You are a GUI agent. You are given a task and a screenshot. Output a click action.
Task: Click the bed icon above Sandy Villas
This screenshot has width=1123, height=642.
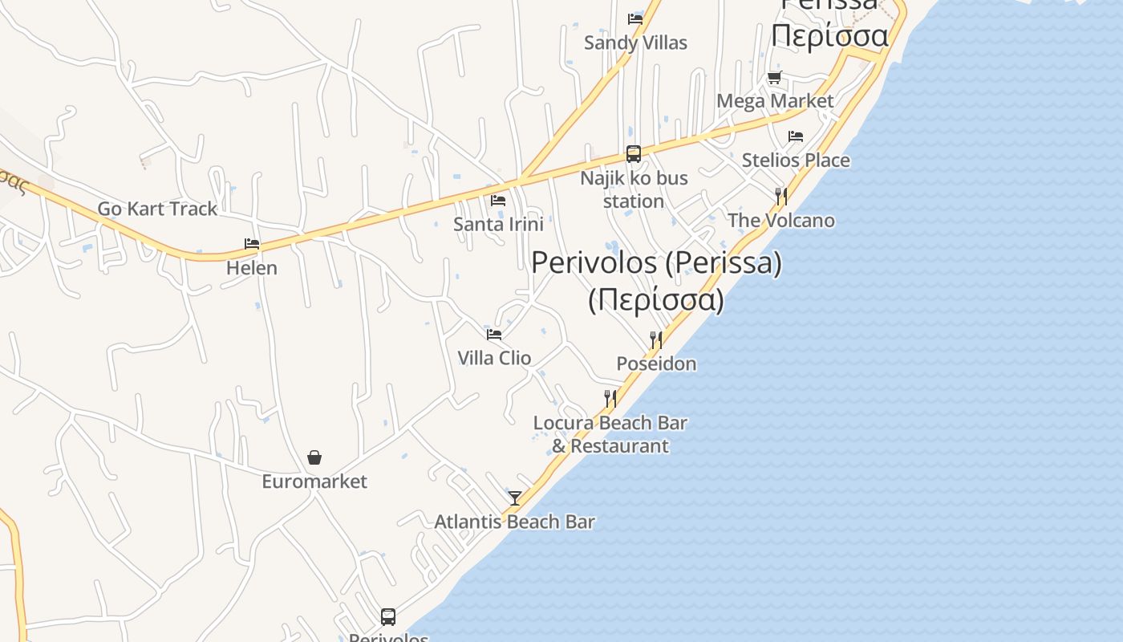[x=635, y=18]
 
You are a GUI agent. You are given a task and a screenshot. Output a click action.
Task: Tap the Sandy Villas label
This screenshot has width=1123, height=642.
[x=635, y=43]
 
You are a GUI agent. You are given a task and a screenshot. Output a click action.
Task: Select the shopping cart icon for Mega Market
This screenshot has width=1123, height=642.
[x=774, y=78]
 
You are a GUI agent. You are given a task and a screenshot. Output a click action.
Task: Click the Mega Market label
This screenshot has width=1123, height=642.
[x=775, y=101]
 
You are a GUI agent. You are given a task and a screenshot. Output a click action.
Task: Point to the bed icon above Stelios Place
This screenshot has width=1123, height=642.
[x=795, y=136]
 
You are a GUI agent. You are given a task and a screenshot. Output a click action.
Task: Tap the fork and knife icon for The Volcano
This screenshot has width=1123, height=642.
[x=780, y=196]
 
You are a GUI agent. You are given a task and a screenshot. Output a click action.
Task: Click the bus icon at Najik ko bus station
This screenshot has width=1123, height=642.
[x=634, y=154]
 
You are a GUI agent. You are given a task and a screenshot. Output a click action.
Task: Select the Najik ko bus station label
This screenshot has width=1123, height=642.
[x=634, y=189]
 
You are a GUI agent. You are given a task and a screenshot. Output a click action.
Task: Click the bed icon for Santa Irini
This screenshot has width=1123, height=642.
[x=498, y=201]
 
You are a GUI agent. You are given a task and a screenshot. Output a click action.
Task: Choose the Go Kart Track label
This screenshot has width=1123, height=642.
[x=157, y=209]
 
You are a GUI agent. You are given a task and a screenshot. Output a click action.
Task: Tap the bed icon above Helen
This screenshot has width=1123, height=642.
[x=252, y=244]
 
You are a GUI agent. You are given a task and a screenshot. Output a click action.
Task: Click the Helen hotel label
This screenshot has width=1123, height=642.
[x=252, y=268]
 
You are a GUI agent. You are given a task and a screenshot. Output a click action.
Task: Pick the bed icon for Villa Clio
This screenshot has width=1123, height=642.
[x=494, y=334]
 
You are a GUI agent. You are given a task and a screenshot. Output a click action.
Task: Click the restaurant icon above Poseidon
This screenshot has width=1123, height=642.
[x=656, y=339]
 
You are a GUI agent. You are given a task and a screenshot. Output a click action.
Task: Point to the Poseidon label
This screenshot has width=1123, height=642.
[x=656, y=364]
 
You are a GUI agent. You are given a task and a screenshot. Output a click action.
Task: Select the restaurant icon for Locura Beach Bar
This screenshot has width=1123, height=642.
[x=610, y=398]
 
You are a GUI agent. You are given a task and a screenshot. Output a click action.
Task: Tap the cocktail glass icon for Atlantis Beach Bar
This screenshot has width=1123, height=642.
[x=515, y=498]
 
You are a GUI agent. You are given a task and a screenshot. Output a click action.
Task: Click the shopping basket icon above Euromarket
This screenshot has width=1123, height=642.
[x=314, y=457]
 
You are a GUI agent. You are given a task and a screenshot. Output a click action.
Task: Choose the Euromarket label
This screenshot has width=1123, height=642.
[x=314, y=481]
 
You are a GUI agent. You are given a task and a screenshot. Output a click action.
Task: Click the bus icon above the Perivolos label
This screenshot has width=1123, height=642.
[x=388, y=617]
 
